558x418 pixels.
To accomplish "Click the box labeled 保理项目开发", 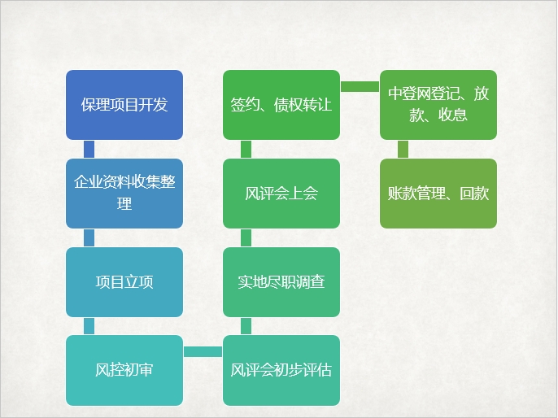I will pyautogui.click(x=124, y=104).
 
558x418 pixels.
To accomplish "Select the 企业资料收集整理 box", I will pyautogui.click(x=124, y=194).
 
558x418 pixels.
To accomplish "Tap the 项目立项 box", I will pyautogui.click(x=124, y=282).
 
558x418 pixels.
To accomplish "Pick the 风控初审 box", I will pyautogui.click(x=124, y=371).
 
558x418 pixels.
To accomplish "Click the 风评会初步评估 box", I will pyautogui.click(x=281, y=371).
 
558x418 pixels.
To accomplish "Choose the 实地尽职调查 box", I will pyautogui.click(x=281, y=282).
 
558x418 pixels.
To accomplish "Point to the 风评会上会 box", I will pyautogui.click(x=281, y=194).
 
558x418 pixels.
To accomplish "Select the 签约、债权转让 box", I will pyautogui.click(x=281, y=104).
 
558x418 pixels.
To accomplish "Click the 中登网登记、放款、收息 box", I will pyautogui.click(x=438, y=104).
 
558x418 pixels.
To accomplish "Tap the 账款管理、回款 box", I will pyautogui.click(x=438, y=194).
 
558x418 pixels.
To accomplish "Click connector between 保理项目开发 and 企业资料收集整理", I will pyautogui.click(x=89, y=149).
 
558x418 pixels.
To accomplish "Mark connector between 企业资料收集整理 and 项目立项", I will pyautogui.click(x=89, y=237).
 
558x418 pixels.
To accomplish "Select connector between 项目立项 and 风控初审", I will pyautogui.click(x=89, y=326).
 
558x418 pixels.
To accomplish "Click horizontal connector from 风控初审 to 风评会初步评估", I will pyautogui.click(x=203, y=351).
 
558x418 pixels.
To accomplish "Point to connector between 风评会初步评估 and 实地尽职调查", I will pyautogui.click(x=246, y=326).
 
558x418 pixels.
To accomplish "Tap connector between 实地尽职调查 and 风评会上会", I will pyautogui.click(x=246, y=237).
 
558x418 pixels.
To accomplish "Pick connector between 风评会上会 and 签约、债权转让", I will pyautogui.click(x=246, y=149).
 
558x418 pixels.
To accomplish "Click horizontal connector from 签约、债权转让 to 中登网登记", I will pyautogui.click(x=360, y=85).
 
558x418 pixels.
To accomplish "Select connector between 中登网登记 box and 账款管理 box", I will pyautogui.click(x=403, y=149).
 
